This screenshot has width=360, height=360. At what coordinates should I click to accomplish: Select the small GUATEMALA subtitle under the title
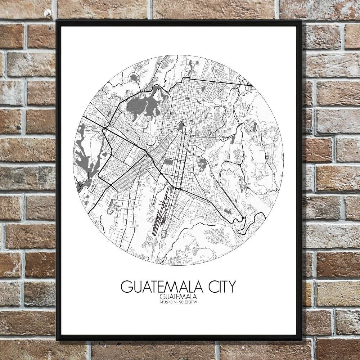tap(178, 297)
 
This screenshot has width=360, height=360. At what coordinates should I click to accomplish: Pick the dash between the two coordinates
tap(178, 302)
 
